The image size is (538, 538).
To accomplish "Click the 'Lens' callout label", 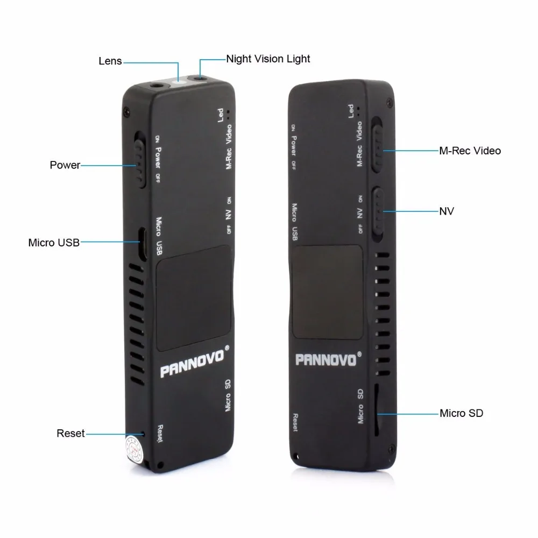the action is pos(110,61).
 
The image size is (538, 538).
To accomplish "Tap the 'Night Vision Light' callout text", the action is pos(268,59).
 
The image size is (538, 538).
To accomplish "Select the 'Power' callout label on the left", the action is pos(65,165).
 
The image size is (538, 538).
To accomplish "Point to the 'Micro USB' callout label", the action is pos(54,243).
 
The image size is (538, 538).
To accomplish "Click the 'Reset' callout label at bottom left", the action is pos(70,433).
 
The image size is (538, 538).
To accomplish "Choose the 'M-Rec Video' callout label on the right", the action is pos(470,151).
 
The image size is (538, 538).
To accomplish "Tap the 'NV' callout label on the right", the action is pos(447,211).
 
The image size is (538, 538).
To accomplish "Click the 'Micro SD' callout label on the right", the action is pos(461,413).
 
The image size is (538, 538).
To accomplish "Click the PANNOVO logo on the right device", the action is pos(325,359).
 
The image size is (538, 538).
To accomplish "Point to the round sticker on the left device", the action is pos(132,446).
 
